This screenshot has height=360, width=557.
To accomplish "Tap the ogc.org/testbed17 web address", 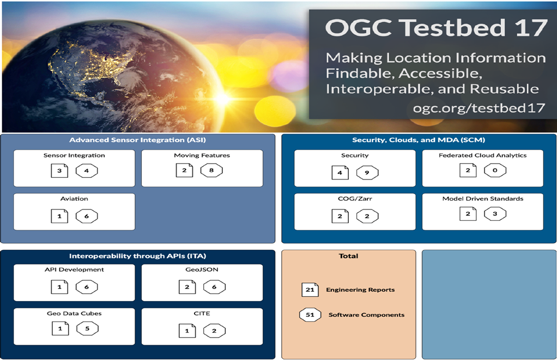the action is [x=479, y=107].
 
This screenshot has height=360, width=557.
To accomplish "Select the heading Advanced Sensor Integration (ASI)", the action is [x=137, y=140].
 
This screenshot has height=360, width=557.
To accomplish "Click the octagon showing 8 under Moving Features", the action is [x=211, y=170].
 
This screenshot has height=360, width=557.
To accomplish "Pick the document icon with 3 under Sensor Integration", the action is [x=59, y=171].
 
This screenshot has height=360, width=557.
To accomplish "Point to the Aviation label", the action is [x=74, y=199].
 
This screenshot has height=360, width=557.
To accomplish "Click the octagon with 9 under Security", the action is [x=367, y=173].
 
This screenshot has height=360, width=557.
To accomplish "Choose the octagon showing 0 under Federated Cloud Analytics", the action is [x=495, y=170].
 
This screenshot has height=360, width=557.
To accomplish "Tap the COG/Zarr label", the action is [x=355, y=199].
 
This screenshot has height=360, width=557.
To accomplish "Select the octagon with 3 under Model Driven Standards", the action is [x=495, y=214].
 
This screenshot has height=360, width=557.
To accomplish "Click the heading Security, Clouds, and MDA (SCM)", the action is [x=419, y=140].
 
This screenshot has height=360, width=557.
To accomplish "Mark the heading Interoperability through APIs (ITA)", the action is [x=137, y=256].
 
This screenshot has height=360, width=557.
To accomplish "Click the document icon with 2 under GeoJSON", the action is [x=187, y=287].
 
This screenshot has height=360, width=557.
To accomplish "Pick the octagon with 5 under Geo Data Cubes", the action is [x=87, y=329].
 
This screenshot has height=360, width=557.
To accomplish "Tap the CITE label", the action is [x=202, y=314].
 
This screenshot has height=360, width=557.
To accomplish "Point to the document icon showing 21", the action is [x=310, y=290].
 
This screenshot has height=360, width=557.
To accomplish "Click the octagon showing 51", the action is [x=310, y=315].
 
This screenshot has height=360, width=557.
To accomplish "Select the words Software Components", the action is [x=366, y=315].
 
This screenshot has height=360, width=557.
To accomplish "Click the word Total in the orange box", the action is [x=348, y=256].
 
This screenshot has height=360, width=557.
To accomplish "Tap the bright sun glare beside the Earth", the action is [x=223, y=98].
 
